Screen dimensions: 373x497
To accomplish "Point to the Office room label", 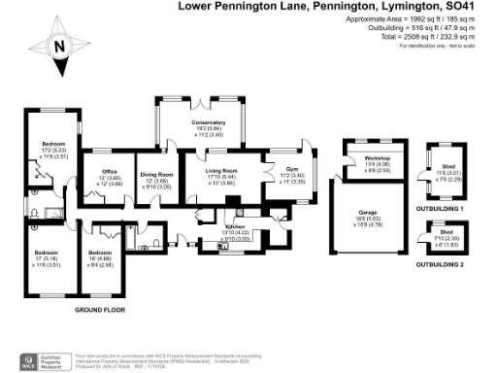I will tap(110, 172).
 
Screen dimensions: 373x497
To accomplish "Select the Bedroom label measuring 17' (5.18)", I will tap(47, 253).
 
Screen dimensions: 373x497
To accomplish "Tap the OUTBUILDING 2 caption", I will tap(440, 263).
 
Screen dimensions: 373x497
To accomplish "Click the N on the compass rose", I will tap(59, 45).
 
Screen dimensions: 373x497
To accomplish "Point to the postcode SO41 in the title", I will tap(474, 6).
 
